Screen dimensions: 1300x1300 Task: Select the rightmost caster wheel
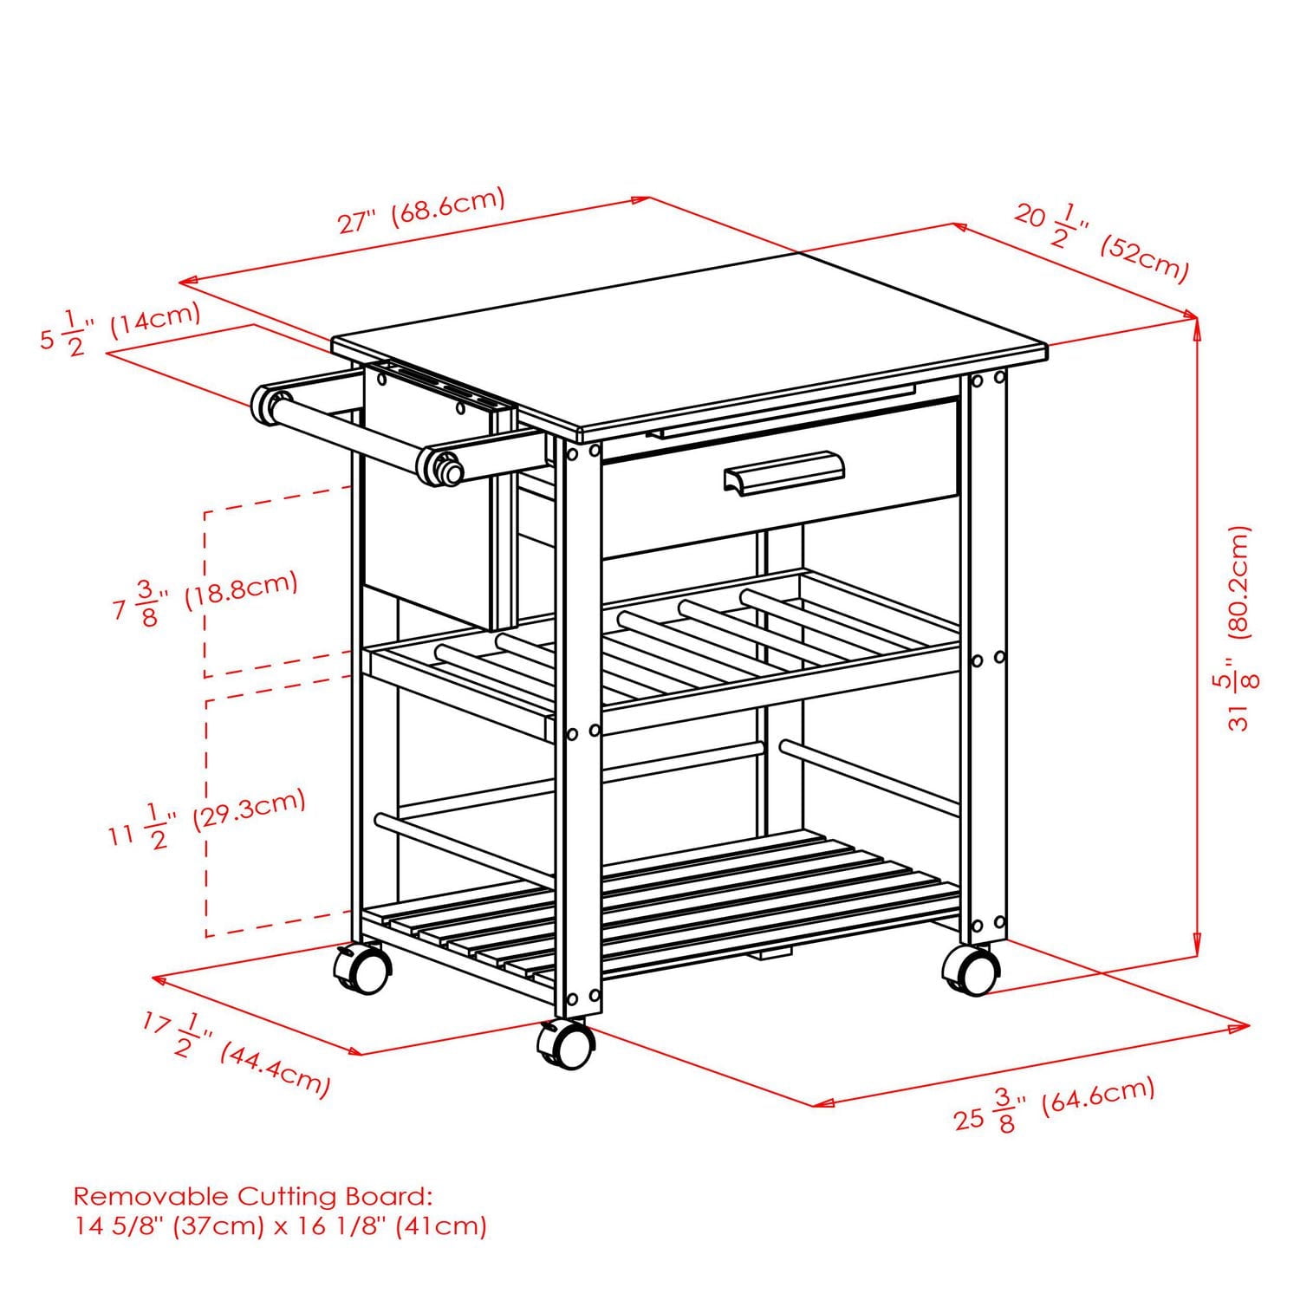pos(971,969)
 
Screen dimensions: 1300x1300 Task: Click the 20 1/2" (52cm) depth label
pos(1101,242)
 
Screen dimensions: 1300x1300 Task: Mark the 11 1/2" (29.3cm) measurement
pos(207,816)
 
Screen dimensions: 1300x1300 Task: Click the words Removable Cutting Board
pos(251,1197)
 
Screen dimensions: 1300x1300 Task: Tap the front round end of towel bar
pos(442,465)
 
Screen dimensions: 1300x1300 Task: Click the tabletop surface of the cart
pos(693,347)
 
